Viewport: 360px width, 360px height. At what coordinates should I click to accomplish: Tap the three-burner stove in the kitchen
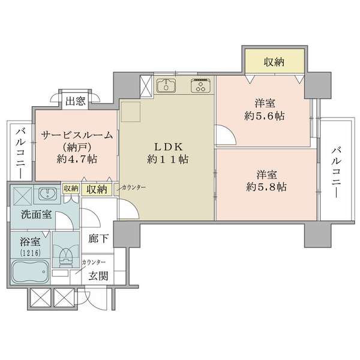200,86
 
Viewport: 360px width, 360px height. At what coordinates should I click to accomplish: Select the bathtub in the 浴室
31,272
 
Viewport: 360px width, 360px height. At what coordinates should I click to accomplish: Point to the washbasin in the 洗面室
47,194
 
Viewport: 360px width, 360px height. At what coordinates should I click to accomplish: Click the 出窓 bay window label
76,101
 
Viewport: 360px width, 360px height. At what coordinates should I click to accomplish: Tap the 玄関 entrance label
98,276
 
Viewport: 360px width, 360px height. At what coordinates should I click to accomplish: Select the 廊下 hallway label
98,239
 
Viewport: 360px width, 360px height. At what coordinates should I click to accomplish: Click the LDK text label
169,147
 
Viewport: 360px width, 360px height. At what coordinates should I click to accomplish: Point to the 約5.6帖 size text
265,116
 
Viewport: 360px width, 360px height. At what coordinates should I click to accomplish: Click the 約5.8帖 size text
266,187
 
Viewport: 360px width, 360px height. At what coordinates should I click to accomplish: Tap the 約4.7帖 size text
77,159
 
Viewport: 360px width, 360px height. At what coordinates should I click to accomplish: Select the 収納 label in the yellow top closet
274,62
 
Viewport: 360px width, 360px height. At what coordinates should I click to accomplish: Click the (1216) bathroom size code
31,253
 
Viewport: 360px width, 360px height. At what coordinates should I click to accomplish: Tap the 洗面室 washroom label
37,214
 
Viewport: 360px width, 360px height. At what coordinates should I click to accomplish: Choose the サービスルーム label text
77,136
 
